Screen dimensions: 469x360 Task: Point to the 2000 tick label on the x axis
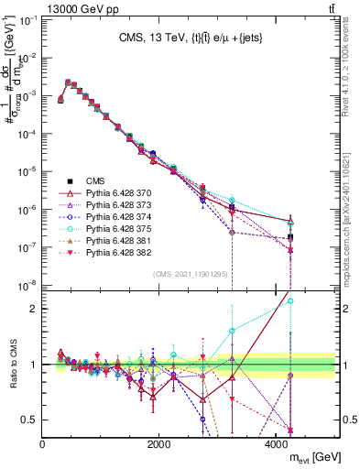pyautogui.click(x=159, y=444)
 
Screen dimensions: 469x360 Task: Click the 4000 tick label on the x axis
pyautogui.click(x=277, y=444)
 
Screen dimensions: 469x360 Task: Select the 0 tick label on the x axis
pyautogui.click(x=43, y=444)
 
